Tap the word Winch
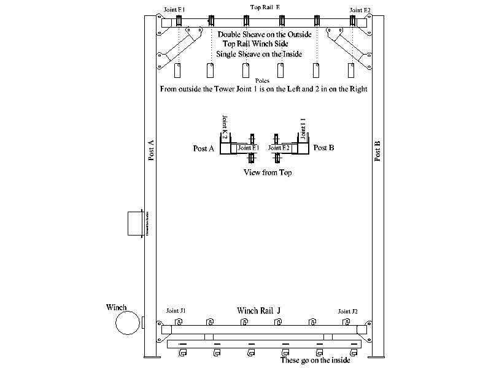[x=116, y=307]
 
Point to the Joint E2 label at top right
[x=360, y=10]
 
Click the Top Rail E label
[x=265, y=7]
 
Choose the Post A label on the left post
[x=151, y=150]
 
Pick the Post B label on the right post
[x=377, y=151]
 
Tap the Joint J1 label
[x=176, y=312]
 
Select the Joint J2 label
[x=347, y=312]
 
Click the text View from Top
[x=268, y=173]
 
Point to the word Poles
[x=262, y=80]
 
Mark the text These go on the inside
[x=315, y=360]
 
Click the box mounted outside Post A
[x=134, y=223]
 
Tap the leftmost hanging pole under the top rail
[x=179, y=71]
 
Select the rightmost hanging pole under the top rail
[x=351, y=71]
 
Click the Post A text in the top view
[x=203, y=148]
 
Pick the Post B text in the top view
[x=323, y=148]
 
